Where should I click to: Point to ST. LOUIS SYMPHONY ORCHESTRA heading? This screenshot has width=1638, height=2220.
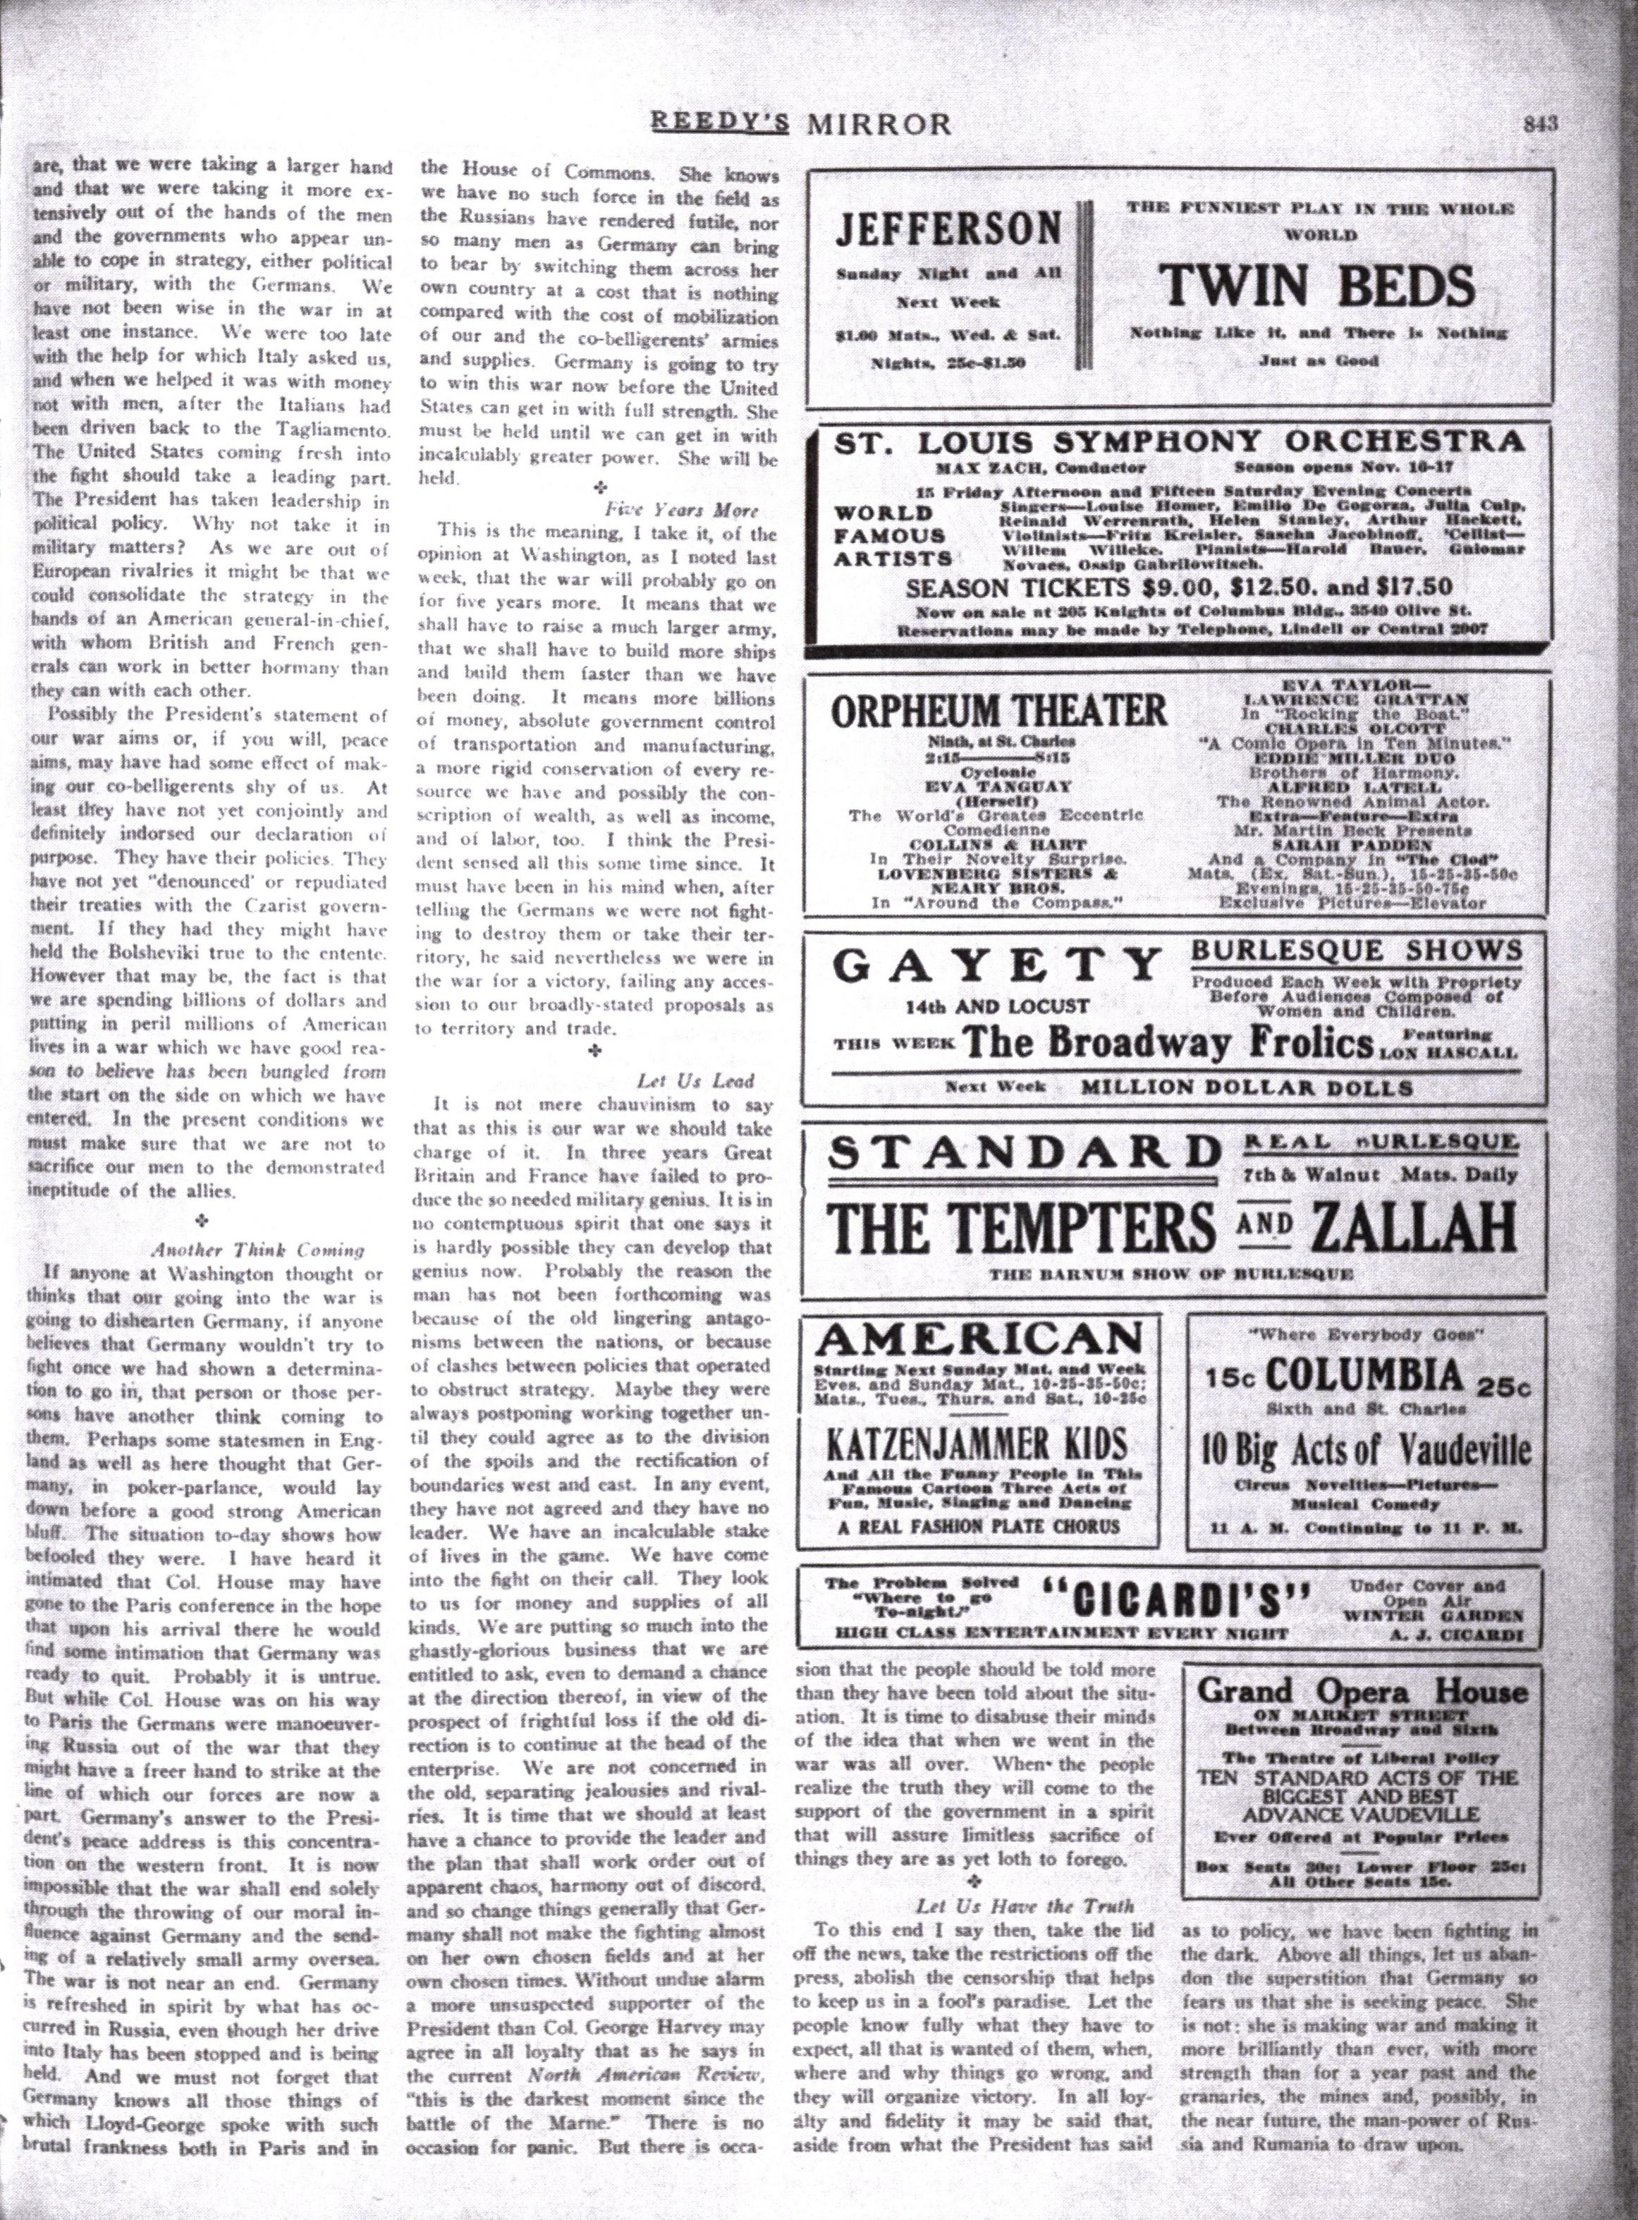[x=1178, y=442]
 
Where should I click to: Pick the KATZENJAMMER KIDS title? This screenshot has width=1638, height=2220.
[x=977, y=1443]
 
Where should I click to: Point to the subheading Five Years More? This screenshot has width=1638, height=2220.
[x=681, y=510]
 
